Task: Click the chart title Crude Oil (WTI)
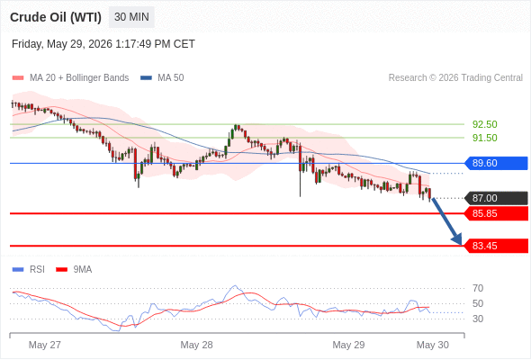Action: point(56,17)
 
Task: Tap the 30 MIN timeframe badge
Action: point(131,17)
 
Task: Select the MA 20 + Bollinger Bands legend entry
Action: point(70,77)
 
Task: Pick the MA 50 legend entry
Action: point(162,77)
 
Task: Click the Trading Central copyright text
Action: point(455,77)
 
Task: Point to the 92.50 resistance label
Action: point(484,124)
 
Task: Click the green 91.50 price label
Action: point(484,138)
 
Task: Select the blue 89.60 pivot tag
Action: point(495,163)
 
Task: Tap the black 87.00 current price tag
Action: point(495,198)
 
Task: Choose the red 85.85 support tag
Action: point(495,213)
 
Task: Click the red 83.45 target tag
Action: point(495,246)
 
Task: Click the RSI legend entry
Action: point(29,270)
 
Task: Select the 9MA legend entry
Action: point(74,270)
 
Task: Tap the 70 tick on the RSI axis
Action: point(478,288)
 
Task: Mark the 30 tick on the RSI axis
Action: point(478,319)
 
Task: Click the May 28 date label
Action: point(196,345)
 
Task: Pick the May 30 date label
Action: point(433,345)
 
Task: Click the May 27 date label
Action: point(45,345)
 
